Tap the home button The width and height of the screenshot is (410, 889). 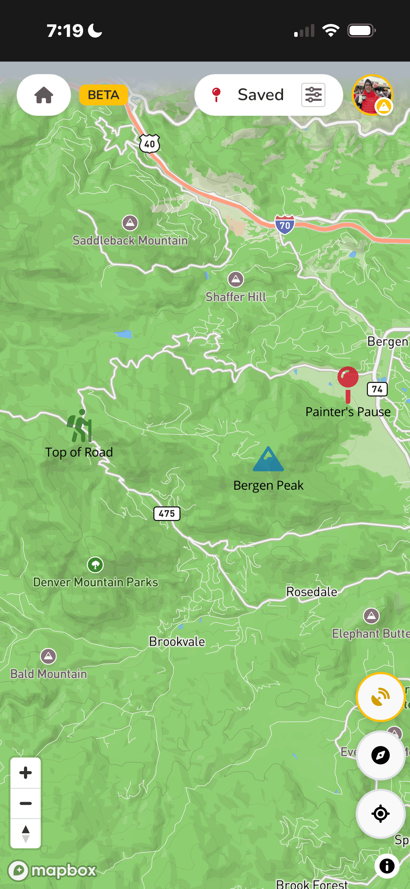tap(44, 95)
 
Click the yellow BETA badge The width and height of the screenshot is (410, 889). tap(103, 95)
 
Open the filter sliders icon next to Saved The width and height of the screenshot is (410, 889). tap(313, 95)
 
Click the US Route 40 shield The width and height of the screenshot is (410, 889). tap(150, 144)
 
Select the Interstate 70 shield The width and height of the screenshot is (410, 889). tap(284, 225)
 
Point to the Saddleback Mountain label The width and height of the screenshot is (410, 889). tap(130, 240)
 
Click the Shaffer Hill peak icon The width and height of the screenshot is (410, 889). tap(236, 279)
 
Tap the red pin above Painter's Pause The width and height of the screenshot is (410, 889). tap(348, 379)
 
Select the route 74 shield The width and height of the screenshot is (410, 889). tap(377, 389)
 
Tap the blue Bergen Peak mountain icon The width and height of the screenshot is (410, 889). tap(268, 459)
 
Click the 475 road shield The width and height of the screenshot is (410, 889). tap(167, 513)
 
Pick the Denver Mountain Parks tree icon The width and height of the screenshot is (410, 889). tap(95, 565)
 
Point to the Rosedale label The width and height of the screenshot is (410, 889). tap(312, 592)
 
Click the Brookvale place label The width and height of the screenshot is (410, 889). tap(177, 641)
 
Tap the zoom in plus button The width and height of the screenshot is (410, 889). tap(26, 772)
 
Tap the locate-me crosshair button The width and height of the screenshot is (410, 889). tap(380, 814)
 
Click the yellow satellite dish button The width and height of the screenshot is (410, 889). tap(380, 697)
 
